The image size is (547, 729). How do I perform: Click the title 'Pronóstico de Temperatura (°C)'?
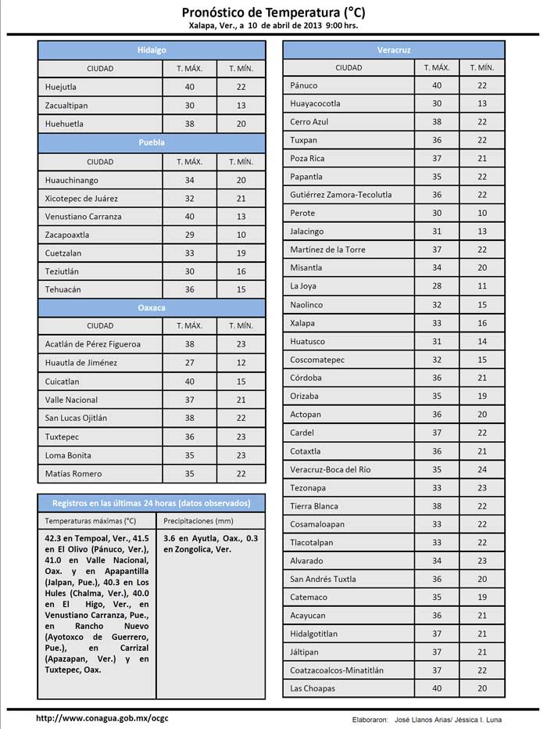273,12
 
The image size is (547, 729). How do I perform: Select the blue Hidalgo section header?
152,49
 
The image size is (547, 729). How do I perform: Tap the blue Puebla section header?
152,143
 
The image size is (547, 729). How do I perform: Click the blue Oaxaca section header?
152,308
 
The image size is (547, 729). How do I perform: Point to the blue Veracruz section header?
394,49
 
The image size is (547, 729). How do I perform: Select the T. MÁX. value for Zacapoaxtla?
189,235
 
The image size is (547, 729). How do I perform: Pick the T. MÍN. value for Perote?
482,213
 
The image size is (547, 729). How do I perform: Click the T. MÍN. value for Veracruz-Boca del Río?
482,469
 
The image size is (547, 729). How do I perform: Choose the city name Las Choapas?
313,688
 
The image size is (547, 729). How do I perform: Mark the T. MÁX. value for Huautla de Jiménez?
189,363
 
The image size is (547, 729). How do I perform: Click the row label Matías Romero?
73,473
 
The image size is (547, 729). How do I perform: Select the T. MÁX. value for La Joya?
437,286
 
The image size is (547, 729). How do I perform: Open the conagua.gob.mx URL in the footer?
102,718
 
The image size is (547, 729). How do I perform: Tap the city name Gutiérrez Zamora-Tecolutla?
341,195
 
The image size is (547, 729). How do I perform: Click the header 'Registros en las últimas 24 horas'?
152,502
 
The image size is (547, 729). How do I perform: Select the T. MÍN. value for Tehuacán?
241,289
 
